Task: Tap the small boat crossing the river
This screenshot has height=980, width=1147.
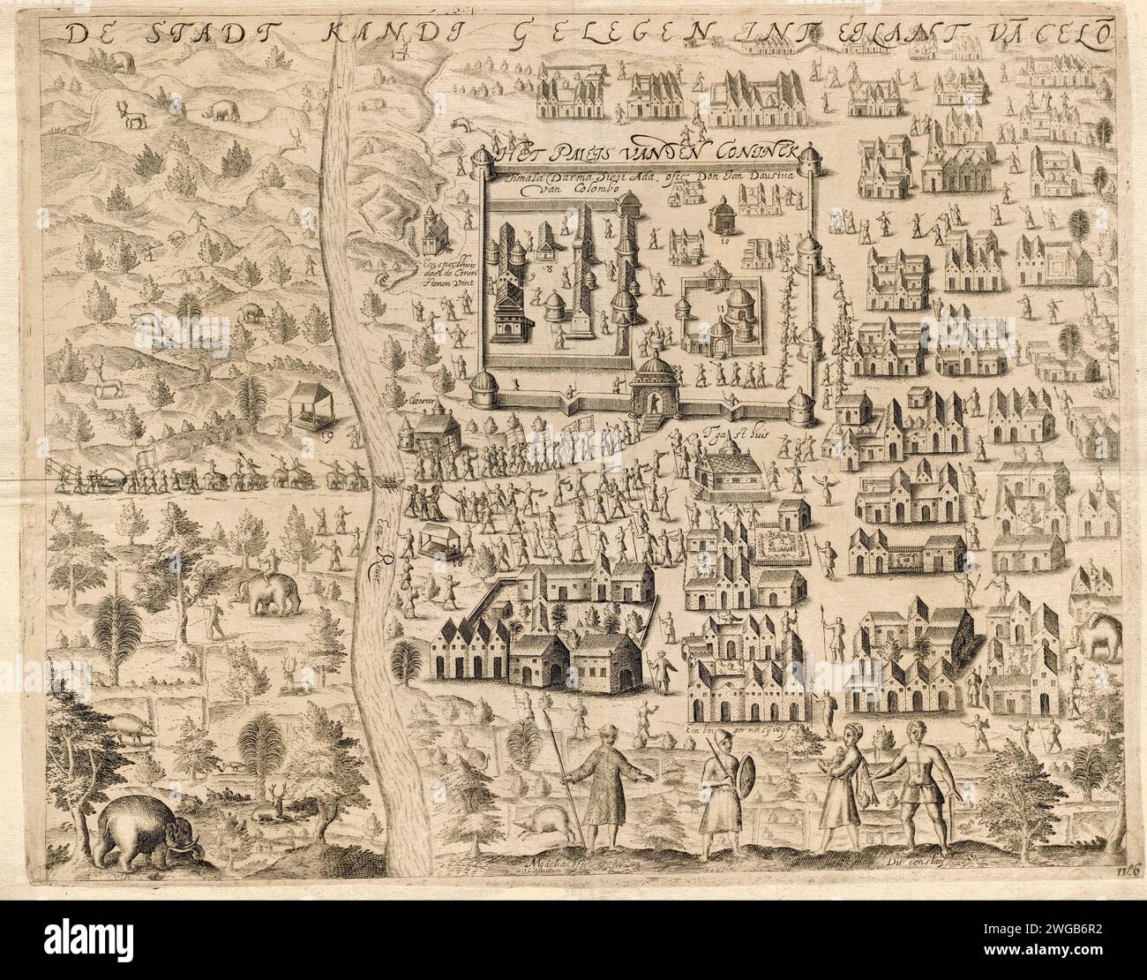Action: [x=386, y=483]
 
